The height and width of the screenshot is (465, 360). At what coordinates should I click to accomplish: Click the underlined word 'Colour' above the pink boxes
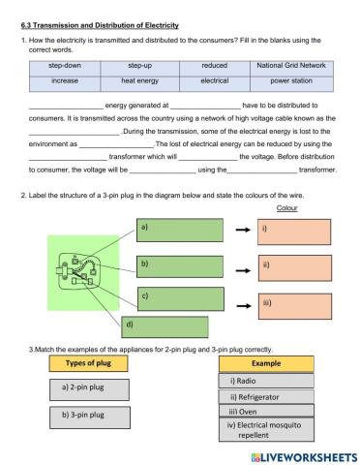tap(286, 208)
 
